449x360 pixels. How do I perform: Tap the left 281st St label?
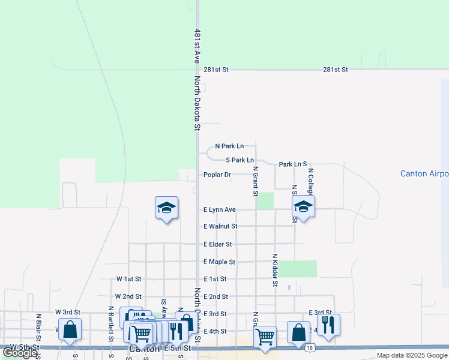[x=217, y=70]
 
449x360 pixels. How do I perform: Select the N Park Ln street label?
[x=229, y=146]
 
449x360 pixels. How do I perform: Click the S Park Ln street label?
[x=240, y=160]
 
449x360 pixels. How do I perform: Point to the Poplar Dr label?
[x=217, y=175]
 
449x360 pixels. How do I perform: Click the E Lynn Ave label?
[x=219, y=210]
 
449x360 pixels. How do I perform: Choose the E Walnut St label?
[x=220, y=226]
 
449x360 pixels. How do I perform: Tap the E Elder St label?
[x=217, y=244]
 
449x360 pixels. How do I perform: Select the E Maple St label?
[x=219, y=262]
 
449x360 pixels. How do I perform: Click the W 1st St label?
[x=128, y=279]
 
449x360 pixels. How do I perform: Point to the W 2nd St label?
[x=128, y=296]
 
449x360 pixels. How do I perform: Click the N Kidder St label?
[x=274, y=269]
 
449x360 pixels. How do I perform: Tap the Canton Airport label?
[x=424, y=174]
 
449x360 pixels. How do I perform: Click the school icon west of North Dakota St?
[x=167, y=208]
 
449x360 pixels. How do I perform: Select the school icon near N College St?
[x=304, y=207]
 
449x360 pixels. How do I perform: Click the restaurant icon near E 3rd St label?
[x=328, y=325]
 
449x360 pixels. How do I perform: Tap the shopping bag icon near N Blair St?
[x=70, y=330]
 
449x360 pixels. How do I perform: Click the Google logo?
[x=20, y=353]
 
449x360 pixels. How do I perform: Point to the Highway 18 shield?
[x=309, y=347]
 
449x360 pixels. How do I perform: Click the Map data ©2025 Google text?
[x=411, y=355]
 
